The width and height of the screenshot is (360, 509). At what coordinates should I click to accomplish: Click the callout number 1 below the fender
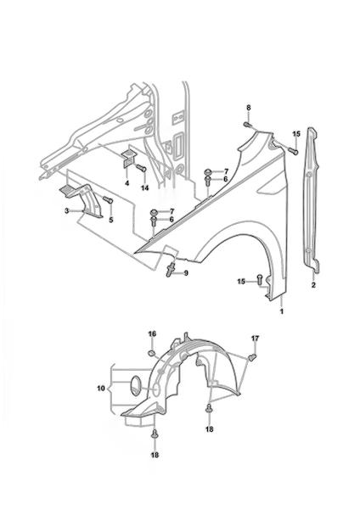pyautogui.click(x=282, y=311)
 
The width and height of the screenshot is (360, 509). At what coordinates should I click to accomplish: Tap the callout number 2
pyautogui.click(x=313, y=285)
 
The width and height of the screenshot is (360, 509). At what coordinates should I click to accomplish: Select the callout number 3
pyautogui.click(x=66, y=211)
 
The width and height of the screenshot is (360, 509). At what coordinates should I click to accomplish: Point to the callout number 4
pyautogui.click(x=127, y=183)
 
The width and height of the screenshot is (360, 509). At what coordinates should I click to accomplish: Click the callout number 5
pyautogui.click(x=111, y=220)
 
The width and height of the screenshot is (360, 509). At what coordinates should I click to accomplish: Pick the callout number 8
pyautogui.click(x=249, y=108)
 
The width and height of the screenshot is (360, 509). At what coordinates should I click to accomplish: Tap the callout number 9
pyautogui.click(x=186, y=273)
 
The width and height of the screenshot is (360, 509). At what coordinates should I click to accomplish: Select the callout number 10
pyautogui.click(x=101, y=388)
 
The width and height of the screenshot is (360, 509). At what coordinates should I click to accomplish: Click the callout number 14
pyautogui.click(x=145, y=187)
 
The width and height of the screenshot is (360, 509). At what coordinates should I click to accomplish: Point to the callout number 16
pyautogui.click(x=152, y=333)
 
